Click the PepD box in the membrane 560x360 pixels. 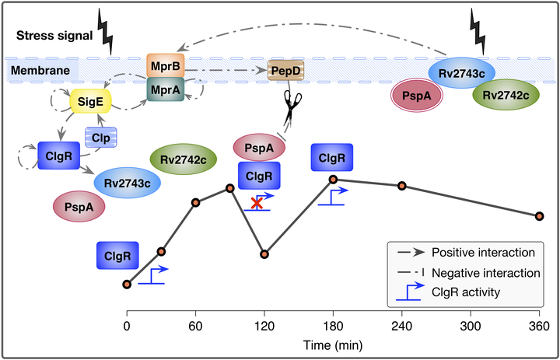[285, 71]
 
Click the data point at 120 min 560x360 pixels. [265, 254]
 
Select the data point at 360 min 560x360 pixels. [539, 216]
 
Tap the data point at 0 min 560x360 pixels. [127, 284]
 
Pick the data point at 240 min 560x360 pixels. [401, 186]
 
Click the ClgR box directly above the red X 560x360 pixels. [258, 177]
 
